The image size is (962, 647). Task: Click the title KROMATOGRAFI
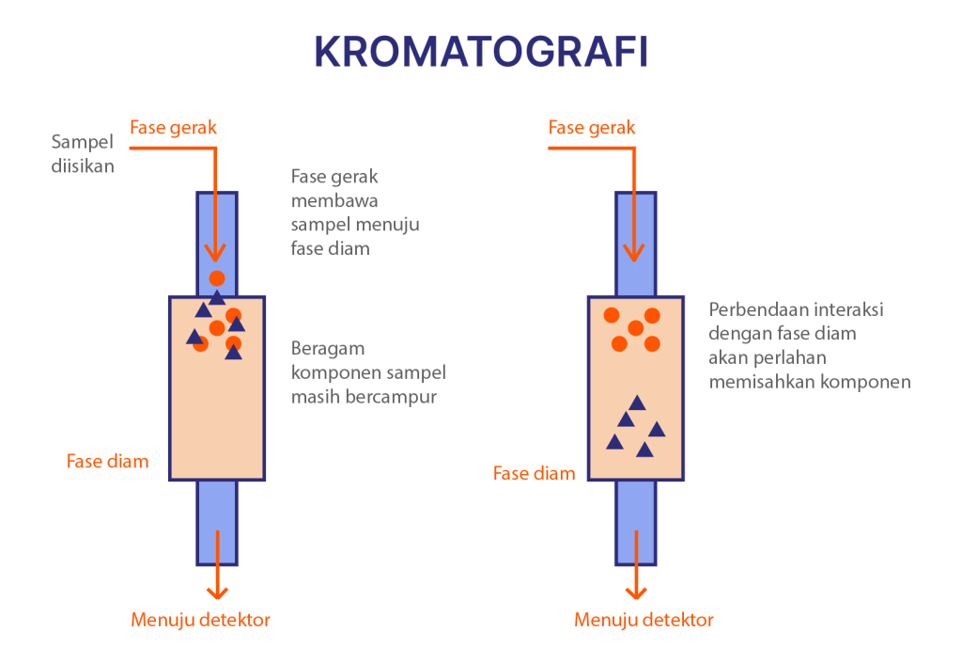click(x=481, y=53)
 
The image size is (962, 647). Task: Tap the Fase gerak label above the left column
click(x=173, y=127)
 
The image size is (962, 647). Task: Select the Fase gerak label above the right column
click(x=592, y=127)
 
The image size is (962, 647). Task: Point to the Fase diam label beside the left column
click(x=107, y=462)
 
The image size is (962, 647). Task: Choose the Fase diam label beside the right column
click(x=534, y=473)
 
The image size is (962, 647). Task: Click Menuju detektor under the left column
click(x=200, y=620)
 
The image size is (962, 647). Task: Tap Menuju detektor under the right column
click(x=644, y=620)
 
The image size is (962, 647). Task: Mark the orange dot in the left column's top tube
click(x=217, y=278)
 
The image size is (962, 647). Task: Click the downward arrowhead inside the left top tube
click(x=217, y=253)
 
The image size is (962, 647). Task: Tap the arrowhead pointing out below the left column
click(x=217, y=592)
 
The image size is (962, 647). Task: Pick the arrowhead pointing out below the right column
click(x=636, y=592)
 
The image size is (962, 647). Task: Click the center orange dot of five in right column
click(x=636, y=328)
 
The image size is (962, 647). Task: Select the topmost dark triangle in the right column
click(x=637, y=403)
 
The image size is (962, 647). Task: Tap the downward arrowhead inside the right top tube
click(x=636, y=253)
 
